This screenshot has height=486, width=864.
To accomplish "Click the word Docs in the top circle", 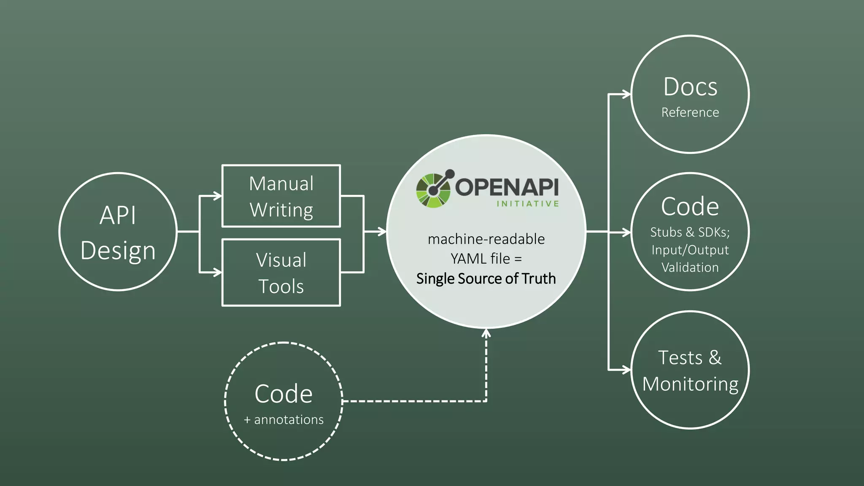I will (x=690, y=87).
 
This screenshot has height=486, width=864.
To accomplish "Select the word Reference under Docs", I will (x=690, y=113).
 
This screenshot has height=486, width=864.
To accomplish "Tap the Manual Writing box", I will (x=281, y=196).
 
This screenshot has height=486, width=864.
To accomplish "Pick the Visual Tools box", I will (x=281, y=273).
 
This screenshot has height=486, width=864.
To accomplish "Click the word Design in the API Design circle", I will (x=118, y=251).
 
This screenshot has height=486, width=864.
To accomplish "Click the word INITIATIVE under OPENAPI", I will (x=527, y=204).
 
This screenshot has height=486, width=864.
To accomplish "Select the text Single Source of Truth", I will (x=486, y=278).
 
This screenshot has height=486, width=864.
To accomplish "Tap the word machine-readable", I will (x=486, y=239).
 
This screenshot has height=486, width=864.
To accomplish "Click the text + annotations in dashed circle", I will (x=283, y=420).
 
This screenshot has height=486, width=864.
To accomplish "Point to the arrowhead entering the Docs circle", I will (x=626, y=94).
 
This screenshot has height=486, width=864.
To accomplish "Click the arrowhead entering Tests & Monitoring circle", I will (x=626, y=370).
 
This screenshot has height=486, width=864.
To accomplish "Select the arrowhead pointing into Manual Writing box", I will (x=218, y=196).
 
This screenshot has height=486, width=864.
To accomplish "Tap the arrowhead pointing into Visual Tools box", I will (x=218, y=273).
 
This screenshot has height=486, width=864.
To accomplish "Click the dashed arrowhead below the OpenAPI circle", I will (x=486, y=333).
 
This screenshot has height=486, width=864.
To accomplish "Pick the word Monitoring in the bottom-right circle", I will (x=690, y=384).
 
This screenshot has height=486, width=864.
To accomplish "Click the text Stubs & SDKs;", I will (x=690, y=232).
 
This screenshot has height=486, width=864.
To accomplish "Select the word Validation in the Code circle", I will (x=690, y=267).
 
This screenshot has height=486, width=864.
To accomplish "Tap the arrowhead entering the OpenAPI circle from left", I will (x=382, y=232).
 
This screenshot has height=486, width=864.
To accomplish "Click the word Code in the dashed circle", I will (x=283, y=394).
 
